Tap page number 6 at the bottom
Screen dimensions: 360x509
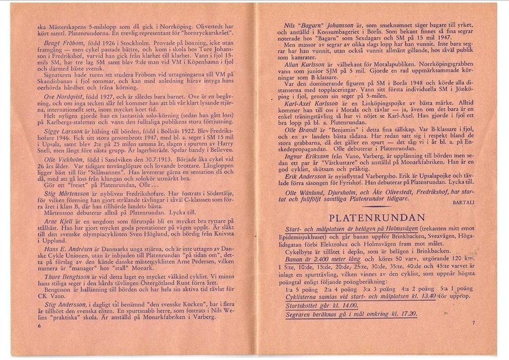tap(40, 327)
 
